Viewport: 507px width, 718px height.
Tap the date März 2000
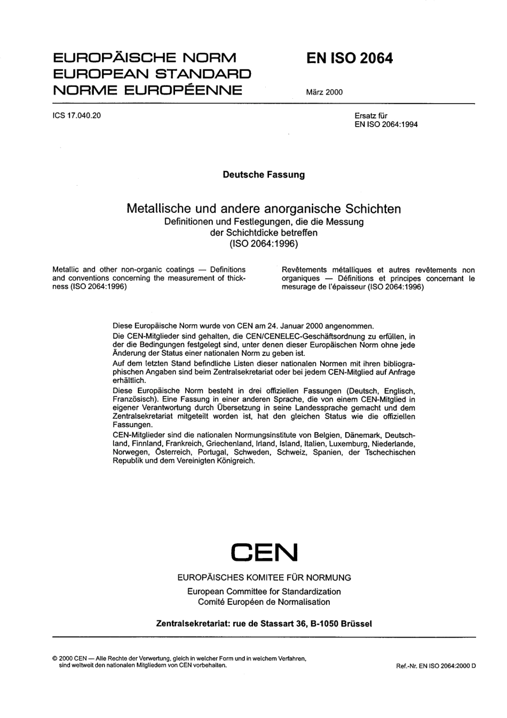click(324, 92)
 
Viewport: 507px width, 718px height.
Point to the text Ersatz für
click(371, 116)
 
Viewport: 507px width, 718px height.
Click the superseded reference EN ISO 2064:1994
click(386, 124)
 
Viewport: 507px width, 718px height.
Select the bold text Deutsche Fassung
click(264, 175)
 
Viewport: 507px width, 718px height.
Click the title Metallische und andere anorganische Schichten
click(264, 209)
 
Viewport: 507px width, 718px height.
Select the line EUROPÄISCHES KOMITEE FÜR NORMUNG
click(264, 577)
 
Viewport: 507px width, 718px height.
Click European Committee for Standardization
click(264, 591)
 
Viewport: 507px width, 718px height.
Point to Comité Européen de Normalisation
click(264, 602)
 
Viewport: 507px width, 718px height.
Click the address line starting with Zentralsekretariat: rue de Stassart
click(264, 623)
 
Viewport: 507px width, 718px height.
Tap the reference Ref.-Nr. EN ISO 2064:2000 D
click(435, 667)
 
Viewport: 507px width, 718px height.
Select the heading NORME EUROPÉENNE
click(147, 90)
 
